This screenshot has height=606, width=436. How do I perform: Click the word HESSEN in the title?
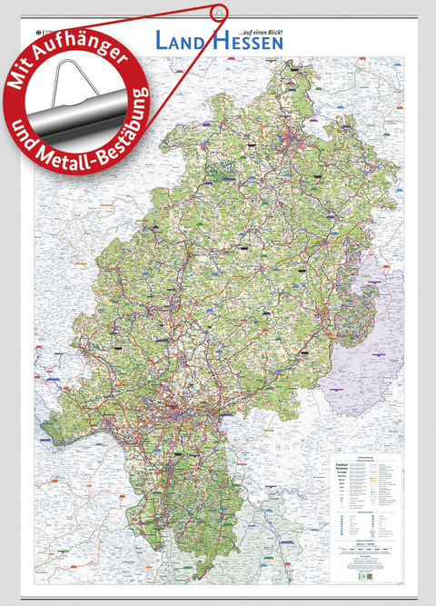pyautogui.click(x=248, y=40)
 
